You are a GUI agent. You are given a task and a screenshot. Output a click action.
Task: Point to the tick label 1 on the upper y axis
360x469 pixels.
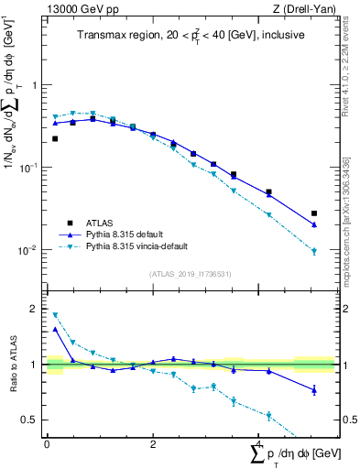pyautogui.click(x=37, y=85)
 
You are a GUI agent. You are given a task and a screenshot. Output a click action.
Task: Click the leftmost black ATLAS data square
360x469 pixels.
pyautogui.click(x=55, y=138)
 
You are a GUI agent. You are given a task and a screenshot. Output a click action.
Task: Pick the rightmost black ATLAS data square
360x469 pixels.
pyautogui.click(x=314, y=213)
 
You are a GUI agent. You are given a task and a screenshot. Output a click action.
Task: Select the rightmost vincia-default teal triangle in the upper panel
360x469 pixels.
pyautogui.click(x=314, y=251)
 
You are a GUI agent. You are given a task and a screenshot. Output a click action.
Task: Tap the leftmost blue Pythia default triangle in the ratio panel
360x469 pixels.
pyautogui.click(x=55, y=329)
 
